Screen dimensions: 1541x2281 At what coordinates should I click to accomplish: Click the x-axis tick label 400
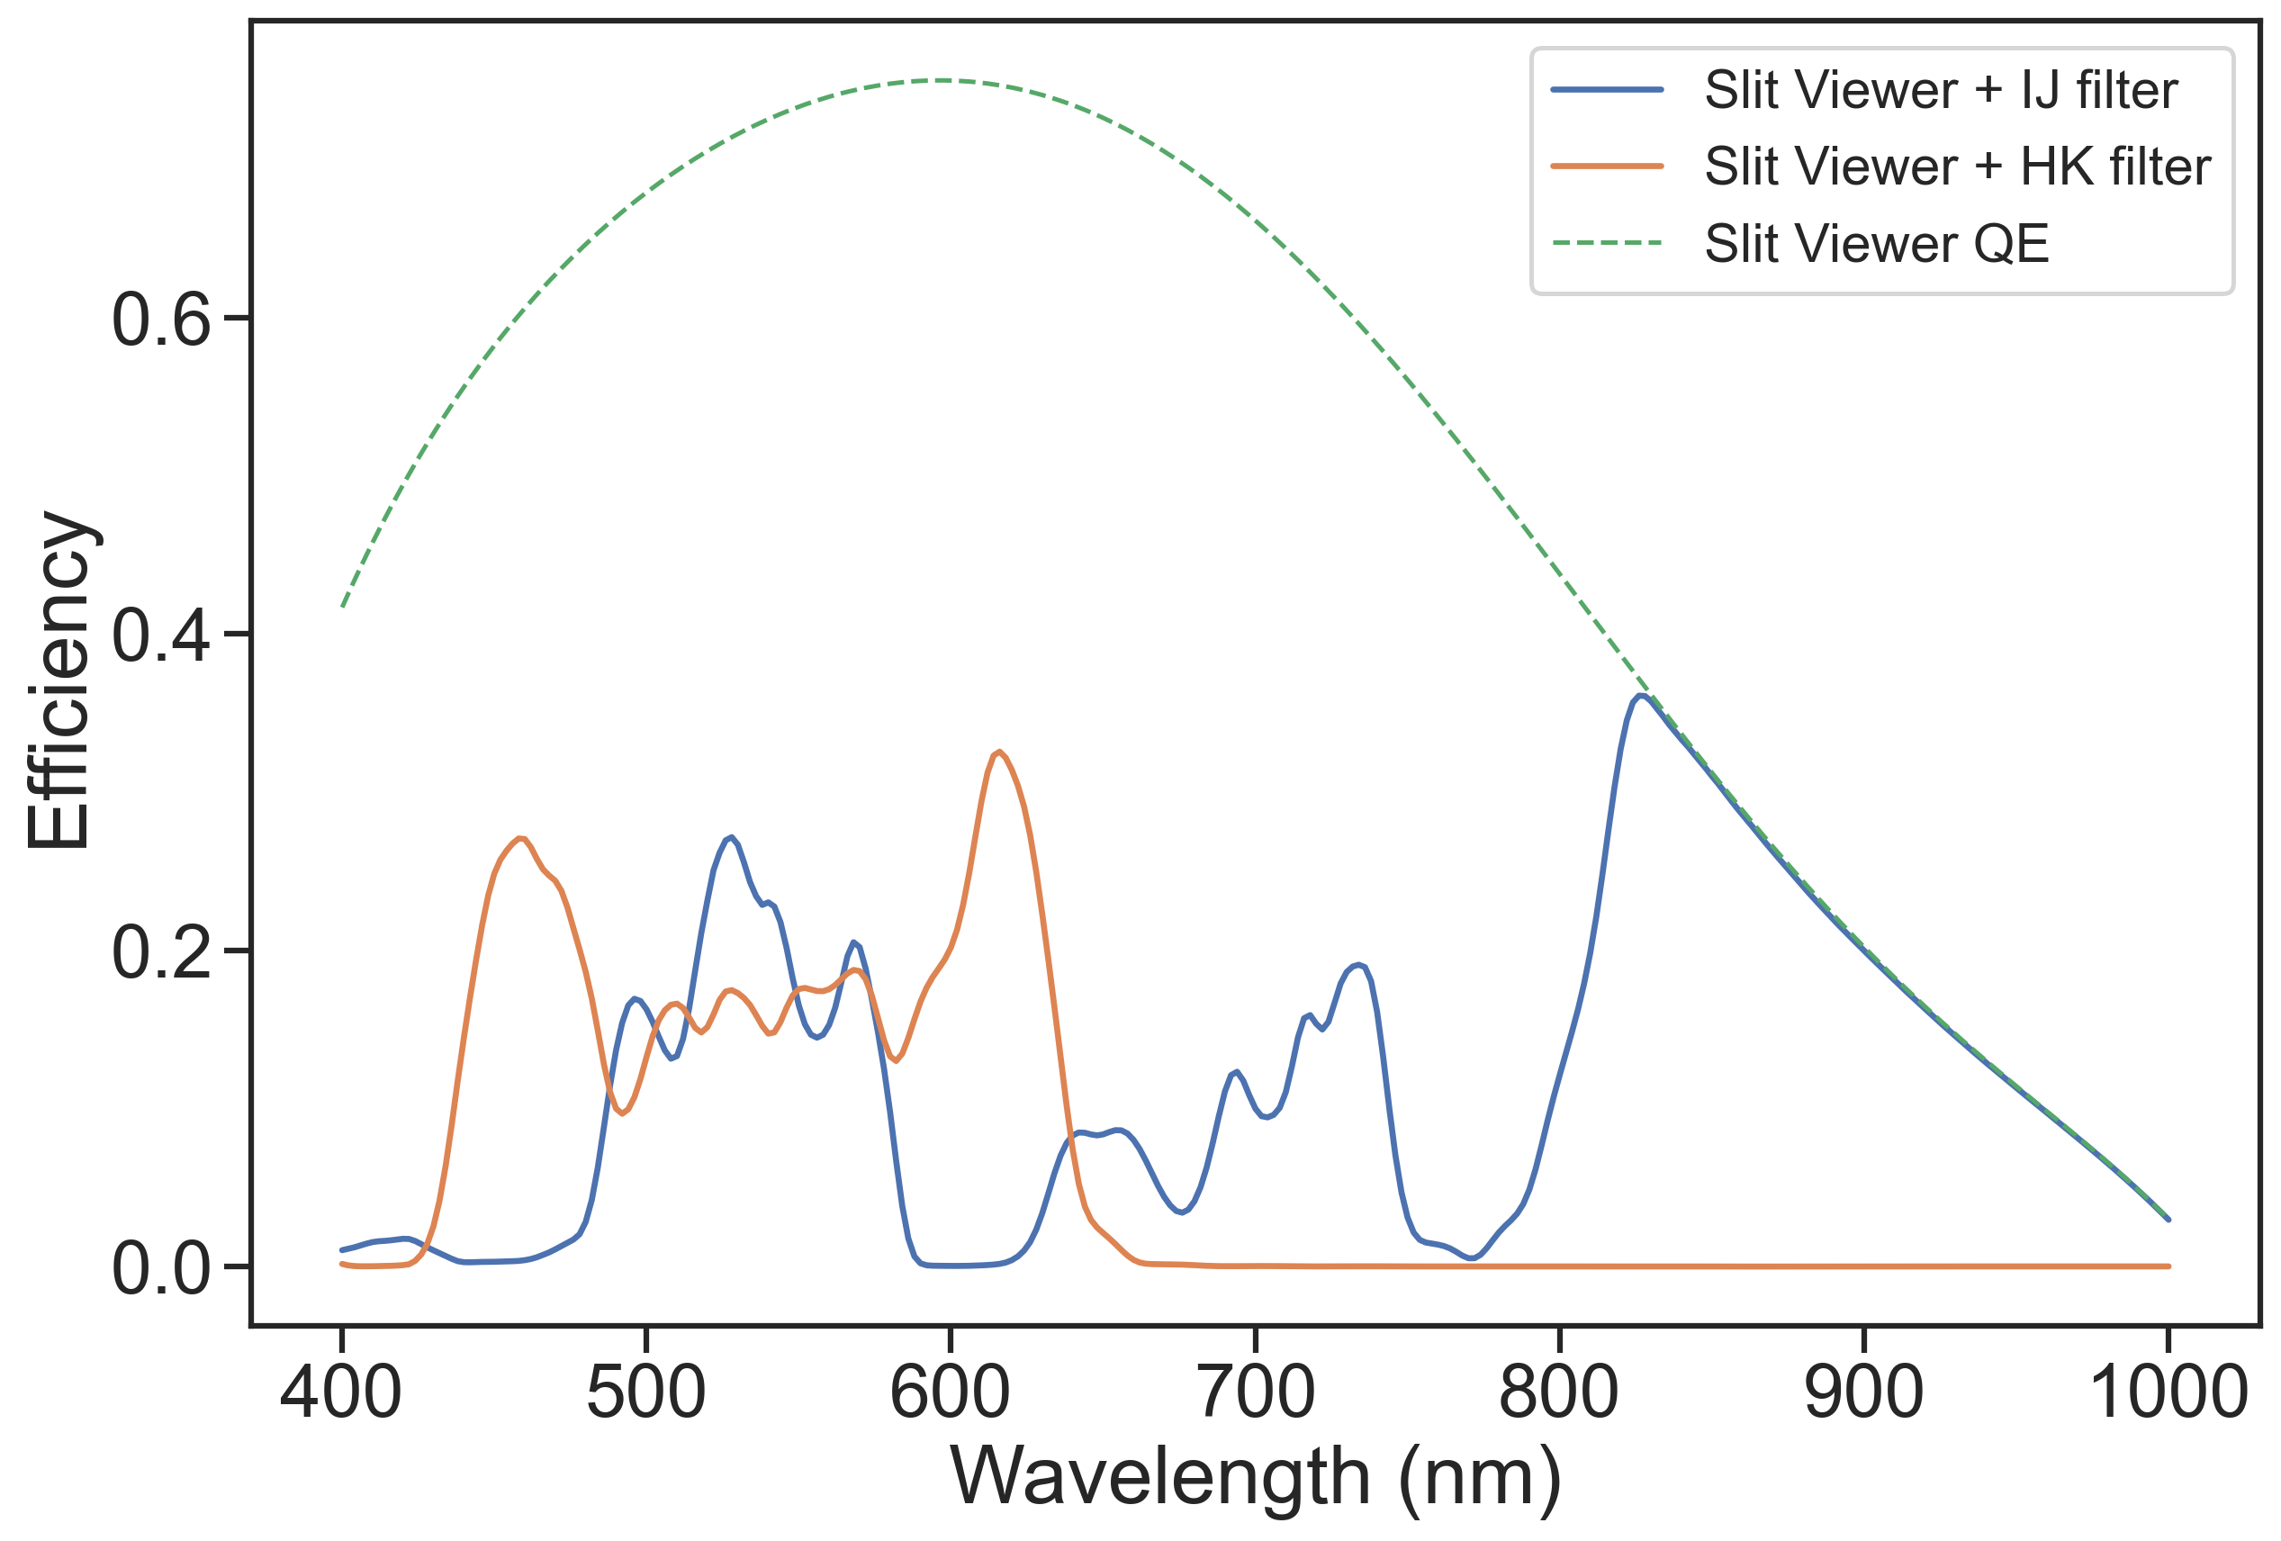340,1392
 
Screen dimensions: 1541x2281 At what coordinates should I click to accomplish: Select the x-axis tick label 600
950,1392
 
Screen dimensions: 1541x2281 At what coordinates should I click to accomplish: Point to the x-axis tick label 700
1256,1392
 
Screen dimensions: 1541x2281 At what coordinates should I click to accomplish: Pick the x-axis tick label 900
1864,1392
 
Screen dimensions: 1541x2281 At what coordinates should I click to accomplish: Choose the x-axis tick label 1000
2168,1392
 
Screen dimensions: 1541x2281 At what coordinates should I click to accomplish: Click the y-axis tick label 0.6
161,320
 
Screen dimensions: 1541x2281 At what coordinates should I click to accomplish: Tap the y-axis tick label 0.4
161,635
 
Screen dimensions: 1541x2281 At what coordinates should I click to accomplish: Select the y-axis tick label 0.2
161,951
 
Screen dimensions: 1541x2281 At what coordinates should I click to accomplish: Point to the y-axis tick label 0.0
161,1268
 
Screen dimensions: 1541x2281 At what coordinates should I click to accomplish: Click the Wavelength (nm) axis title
1256,1478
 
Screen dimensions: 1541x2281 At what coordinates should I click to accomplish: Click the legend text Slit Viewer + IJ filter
1942,90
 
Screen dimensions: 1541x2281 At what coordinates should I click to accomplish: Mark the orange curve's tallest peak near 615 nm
999,752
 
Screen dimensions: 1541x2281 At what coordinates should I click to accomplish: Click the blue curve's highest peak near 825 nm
1641,696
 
